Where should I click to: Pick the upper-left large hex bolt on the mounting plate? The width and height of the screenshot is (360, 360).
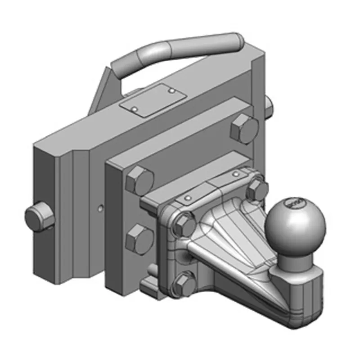click(x=140, y=179)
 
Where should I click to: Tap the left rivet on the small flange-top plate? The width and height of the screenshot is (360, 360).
click(x=188, y=198)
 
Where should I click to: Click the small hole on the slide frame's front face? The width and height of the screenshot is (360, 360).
click(x=100, y=207)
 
